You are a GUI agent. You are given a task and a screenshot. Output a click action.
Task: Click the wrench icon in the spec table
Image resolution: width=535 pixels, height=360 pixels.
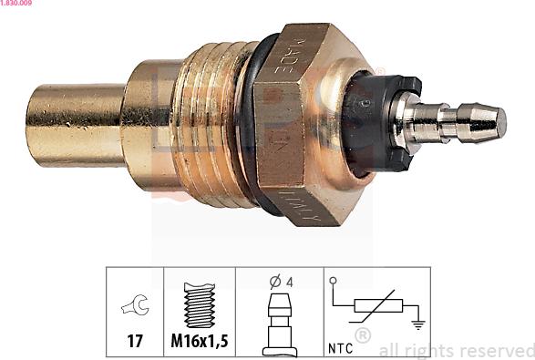pyautogui.click(x=133, y=308)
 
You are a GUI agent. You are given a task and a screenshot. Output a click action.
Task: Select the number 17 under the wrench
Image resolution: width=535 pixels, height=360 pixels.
pyautogui.click(x=134, y=344)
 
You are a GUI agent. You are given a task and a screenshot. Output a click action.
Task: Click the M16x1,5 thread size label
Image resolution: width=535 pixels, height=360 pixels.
pyautogui.click(x=198, y=344)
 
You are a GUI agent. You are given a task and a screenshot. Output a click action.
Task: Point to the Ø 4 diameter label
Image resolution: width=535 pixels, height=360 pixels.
pyautogui.click(x=280, y=283)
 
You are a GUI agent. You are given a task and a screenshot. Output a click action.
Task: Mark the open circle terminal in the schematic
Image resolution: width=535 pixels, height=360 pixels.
pyautogui.click(x=334, y=281)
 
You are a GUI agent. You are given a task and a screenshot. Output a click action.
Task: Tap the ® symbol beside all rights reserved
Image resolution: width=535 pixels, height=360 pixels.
pyautogui.click(x=362, y=336)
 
